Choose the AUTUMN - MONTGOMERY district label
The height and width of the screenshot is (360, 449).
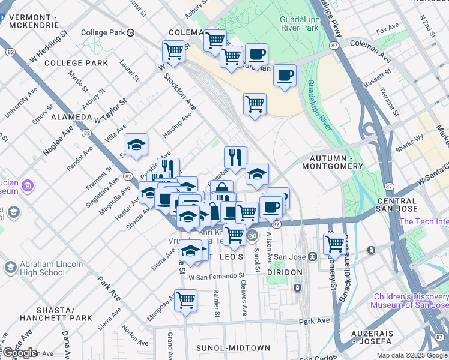(x=332, y=161)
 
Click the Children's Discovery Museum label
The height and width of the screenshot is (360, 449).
(x=411, y=301)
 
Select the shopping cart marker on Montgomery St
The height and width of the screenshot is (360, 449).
(x=334, y=243)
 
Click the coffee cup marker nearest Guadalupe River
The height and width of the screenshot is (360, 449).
(x=285, y=76)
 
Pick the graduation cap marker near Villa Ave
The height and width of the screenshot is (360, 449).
(x=136, y=145)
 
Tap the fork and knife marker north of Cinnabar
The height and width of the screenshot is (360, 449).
(x=235, y=157)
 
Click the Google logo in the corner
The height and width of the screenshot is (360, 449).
(x=20, y=353)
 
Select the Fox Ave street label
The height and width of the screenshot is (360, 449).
(x=387, y=29)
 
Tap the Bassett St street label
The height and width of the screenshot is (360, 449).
(x=378, y=76)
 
